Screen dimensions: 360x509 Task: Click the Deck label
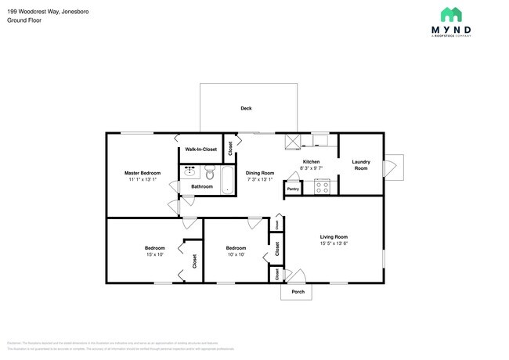[x=246, y=109]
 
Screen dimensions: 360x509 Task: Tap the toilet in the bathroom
[x=209, y=172]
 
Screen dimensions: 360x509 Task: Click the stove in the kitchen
[x=322, y=186]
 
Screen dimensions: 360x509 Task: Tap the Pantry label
[x=293, y=189]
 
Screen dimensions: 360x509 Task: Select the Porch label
[x=297, y=293]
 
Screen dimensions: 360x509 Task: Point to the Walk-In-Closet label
[x=200, y=149]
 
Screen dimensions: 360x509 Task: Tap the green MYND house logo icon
[x=449, y=13]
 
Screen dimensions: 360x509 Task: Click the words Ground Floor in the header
[x=24, y=20]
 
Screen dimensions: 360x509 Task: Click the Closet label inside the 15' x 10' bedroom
[x=195, y=261]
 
